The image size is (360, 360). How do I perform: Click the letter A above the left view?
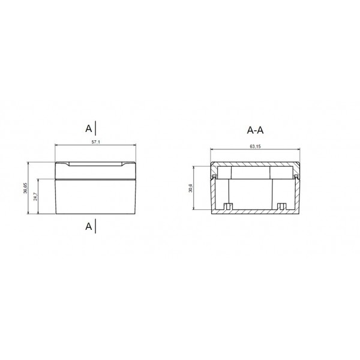pos(89,128)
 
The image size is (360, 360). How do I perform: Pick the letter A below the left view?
pos(89,226)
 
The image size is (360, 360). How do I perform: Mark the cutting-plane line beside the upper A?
pos(96,128)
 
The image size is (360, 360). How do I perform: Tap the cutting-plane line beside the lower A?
pos(96,226)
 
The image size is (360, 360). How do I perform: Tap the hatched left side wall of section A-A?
pos(213,192)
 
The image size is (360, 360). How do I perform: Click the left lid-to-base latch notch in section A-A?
pos(214,176)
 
